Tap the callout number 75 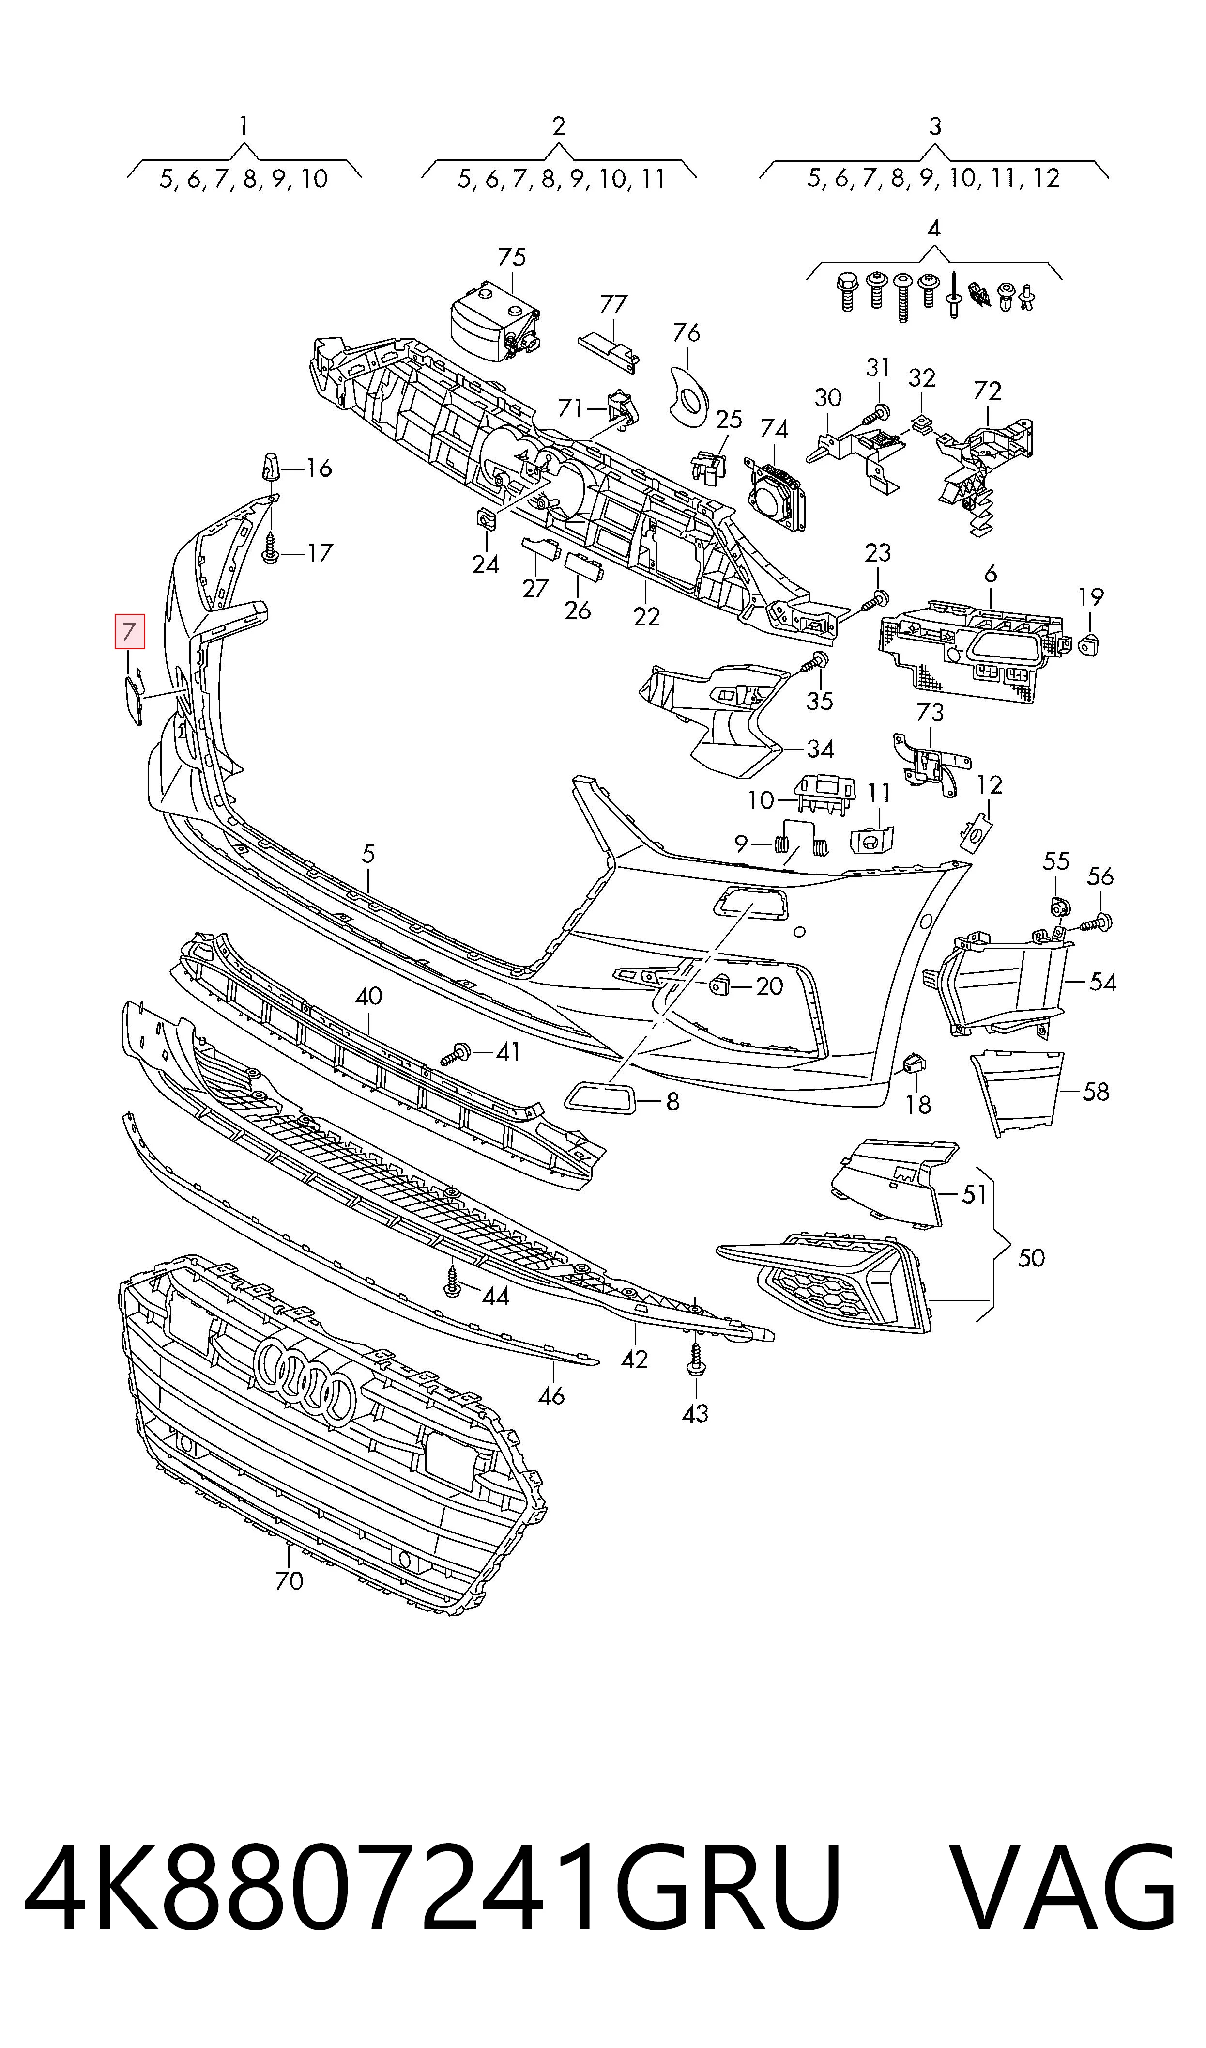click(512, 257)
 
